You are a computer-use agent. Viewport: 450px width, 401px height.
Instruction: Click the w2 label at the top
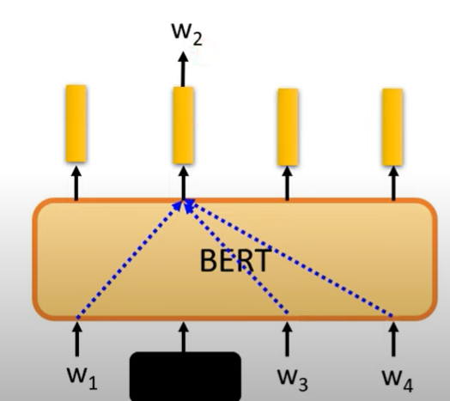click(x=187, y=33)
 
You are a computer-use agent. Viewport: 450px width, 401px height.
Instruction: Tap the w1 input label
click(x=82, y=378)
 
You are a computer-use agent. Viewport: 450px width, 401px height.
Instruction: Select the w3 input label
click(x=293, y=380)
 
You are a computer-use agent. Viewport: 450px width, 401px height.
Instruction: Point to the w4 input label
click(x=398, y=380)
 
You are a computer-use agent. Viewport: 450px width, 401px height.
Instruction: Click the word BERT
click(x=235, y=261)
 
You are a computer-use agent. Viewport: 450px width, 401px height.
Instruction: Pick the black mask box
click(x=185, y=376)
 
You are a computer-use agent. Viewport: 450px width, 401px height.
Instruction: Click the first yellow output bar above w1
click(x=76, y=124)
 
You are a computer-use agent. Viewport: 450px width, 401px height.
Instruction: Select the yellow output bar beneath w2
click(x=183, y=125)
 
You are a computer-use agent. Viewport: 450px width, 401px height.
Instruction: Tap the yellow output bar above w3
click(x=288, y=127)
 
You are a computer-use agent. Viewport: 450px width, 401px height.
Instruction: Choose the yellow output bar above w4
click(x=392, y=127)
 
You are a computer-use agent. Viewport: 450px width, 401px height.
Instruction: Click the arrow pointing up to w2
click(x=183, y=69)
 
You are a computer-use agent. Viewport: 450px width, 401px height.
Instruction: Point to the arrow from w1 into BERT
click(x=77, y=338)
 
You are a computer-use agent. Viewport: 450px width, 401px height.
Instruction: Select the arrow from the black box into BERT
click(x=184, y=337)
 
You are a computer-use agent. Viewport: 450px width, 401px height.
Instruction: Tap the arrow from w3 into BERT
click(x=288, y=338)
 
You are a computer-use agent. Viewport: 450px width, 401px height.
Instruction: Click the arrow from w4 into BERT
click(x=393, y=338)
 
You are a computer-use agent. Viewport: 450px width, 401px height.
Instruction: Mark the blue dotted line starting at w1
click(x=129, y=260)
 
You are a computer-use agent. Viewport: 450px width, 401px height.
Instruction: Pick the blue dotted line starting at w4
click(x=291, y=258)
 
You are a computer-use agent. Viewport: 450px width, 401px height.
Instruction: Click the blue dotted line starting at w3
click(x=236, y=257)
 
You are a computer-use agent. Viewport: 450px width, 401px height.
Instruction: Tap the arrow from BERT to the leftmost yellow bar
click(x=76, y=183)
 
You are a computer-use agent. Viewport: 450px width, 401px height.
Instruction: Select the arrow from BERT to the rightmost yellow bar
click(x=393, y=183)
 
